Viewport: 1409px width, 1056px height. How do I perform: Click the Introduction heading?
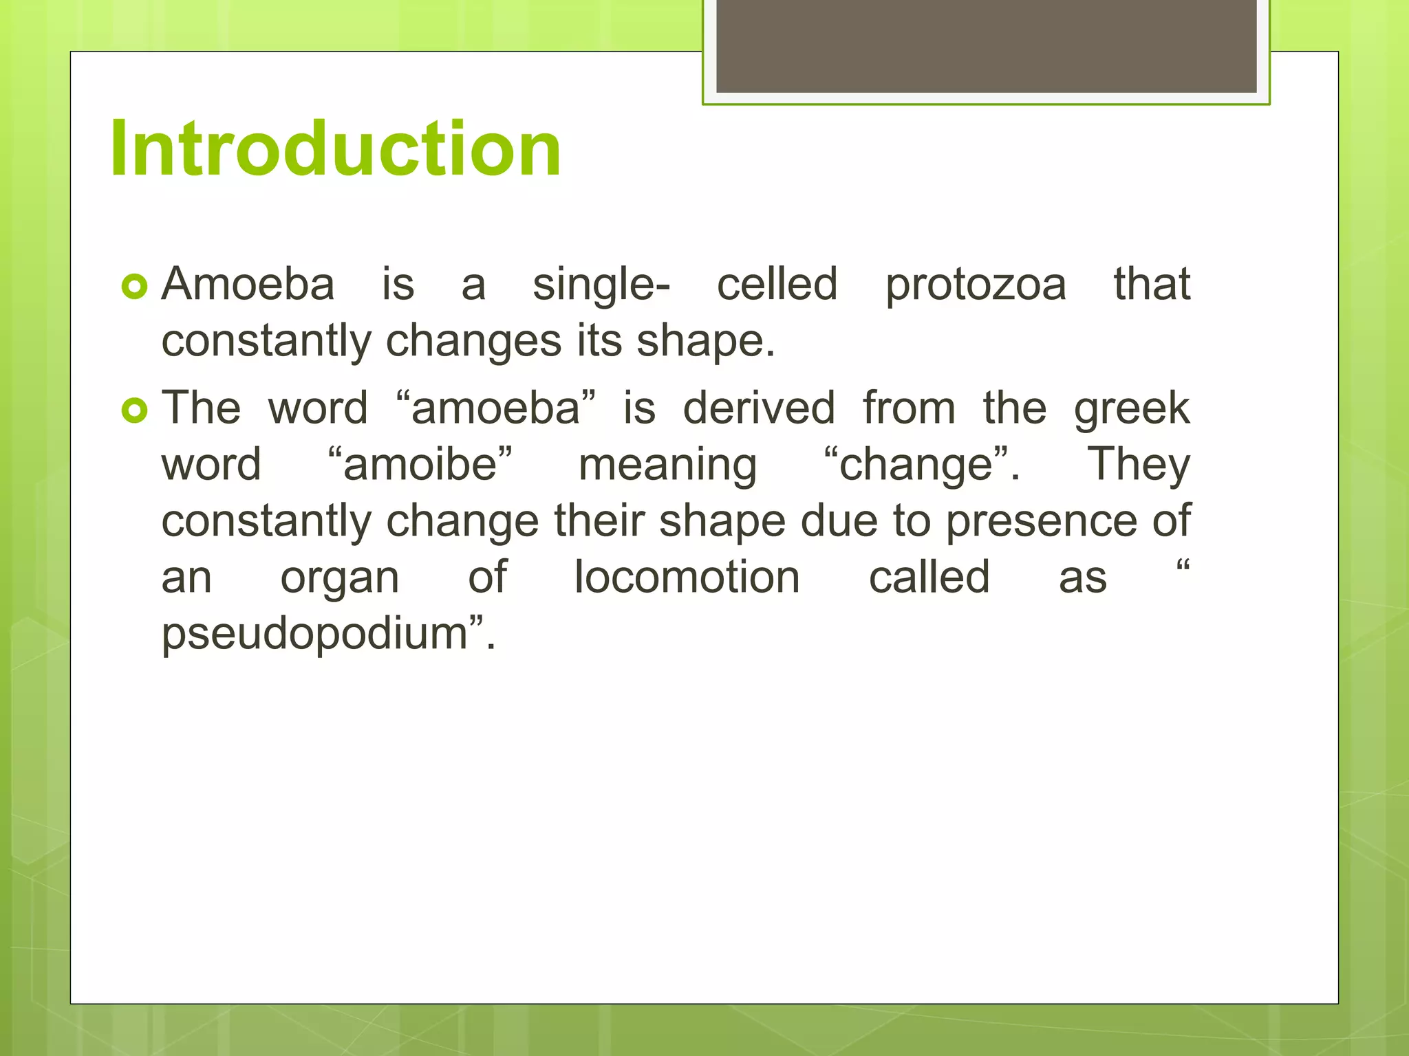click(x=336, y=148)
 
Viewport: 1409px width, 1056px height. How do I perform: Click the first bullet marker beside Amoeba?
click(x=135, y=287)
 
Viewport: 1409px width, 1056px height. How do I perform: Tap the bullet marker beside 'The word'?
click(x=135, y=410)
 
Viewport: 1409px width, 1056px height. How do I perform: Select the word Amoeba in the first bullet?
click(x=248, y=284)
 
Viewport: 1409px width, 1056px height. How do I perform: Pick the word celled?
click(x=777, y=284)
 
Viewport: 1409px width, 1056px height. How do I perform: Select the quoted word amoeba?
click(x=496, y=408)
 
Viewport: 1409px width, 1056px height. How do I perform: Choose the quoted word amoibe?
click(x=420, y=464)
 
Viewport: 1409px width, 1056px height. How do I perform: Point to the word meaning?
click(x=667, y=465)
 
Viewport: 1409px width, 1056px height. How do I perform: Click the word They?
click(x=1138, y=465)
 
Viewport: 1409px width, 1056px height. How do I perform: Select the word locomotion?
click(x=687, y=577)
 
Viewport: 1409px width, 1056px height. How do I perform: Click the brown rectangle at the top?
click(x=986, y=46)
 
